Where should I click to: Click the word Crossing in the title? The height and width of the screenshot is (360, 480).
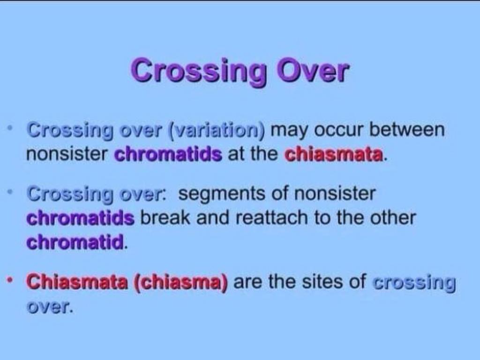pos(199,72)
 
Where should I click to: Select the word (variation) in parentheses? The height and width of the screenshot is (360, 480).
pos(217,131)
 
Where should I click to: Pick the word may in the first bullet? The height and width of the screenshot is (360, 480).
pos(290,131)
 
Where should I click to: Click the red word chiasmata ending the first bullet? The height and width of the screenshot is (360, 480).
pos(334,154)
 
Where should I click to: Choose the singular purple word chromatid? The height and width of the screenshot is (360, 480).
pos(75,242)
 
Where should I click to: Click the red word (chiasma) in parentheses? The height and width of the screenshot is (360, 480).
pos(180,282)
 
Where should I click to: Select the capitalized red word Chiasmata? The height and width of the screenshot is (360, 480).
pos(77,281)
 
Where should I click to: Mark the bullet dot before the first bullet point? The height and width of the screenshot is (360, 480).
pos(10,127)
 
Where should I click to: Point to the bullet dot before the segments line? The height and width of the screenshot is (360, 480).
pos(10,192)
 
